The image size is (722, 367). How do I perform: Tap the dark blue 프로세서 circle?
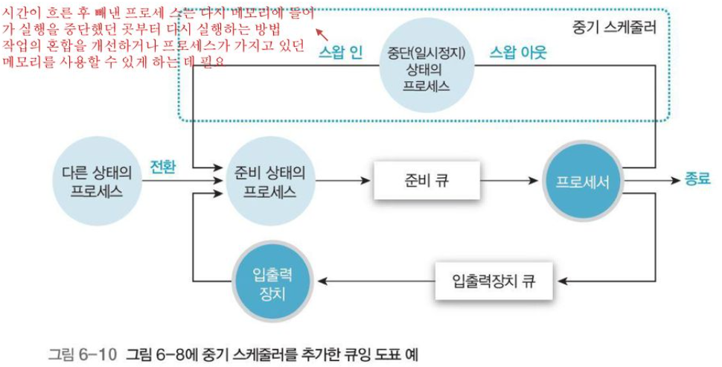coord(583,180)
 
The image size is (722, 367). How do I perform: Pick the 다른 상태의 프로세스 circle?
coord(97,180)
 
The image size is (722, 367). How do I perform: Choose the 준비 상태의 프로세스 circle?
coord(269,180)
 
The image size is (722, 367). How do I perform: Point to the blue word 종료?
coord(697,179)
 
